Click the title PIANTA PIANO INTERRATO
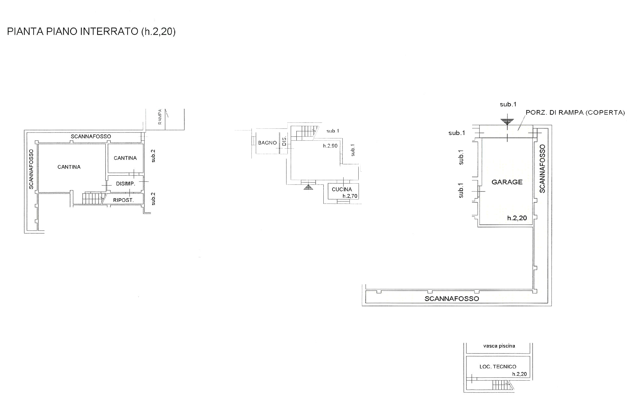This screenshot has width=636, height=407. click(x=73, y=32)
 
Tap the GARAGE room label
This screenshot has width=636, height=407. click(x=507, y=182)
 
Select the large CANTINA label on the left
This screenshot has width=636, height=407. click(x=69, y=167)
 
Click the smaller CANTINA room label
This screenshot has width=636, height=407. click(x=125, y=158)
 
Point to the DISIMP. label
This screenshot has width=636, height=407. click(x=125, y=184)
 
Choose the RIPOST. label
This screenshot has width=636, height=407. click(x=123, y=200)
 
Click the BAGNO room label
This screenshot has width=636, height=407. click(x=267, y=143)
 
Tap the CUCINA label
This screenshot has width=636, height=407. click(x=342, y=189)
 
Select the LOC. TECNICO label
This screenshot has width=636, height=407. click(x=498, y=367)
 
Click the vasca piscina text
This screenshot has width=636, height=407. click(x=499, y=346)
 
